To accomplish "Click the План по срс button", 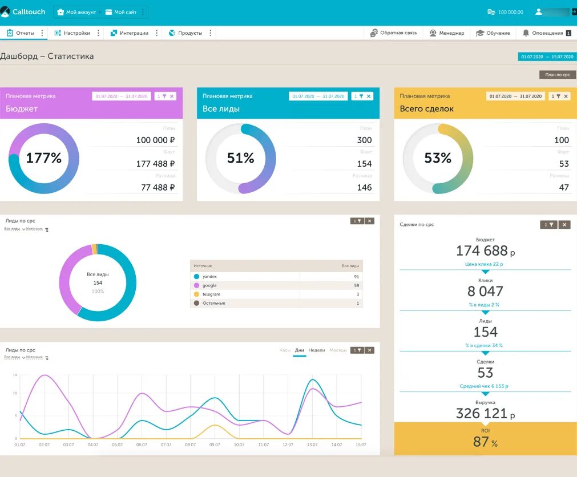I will click(557, 75).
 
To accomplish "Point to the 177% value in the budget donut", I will click(44, 158).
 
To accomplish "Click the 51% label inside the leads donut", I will click(240, 158).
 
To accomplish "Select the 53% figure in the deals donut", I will click(438, 158).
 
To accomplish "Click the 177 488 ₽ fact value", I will click(155, 164).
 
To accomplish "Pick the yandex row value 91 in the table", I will click(356, 277).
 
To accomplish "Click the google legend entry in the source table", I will click(209, 285).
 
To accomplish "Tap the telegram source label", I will click(211, 294).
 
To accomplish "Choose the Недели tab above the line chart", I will click(316, 350).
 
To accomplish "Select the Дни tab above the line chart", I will click(300, 350).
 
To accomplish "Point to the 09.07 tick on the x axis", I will click(215, 444).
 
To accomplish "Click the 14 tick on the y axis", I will click(15, 375).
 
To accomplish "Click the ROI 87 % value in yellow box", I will click(485, 442).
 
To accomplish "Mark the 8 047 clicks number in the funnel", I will click(485, 292).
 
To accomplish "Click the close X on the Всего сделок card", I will click(566, 96).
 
